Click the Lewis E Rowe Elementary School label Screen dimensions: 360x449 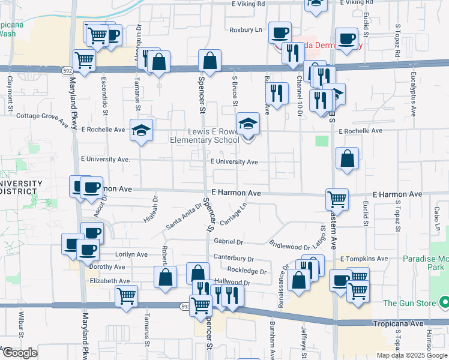[204, 136]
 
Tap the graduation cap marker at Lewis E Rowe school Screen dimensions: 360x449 [248, 124]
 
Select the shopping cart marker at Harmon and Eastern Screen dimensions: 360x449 [337, 199]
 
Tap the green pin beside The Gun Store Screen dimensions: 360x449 [444, 302]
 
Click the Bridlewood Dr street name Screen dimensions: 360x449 [289, 245]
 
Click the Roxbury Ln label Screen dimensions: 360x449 [246, 29]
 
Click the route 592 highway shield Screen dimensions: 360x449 [68, 71]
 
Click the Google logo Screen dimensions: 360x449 [20, 353]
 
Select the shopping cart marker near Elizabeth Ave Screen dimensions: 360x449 [126, 296]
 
